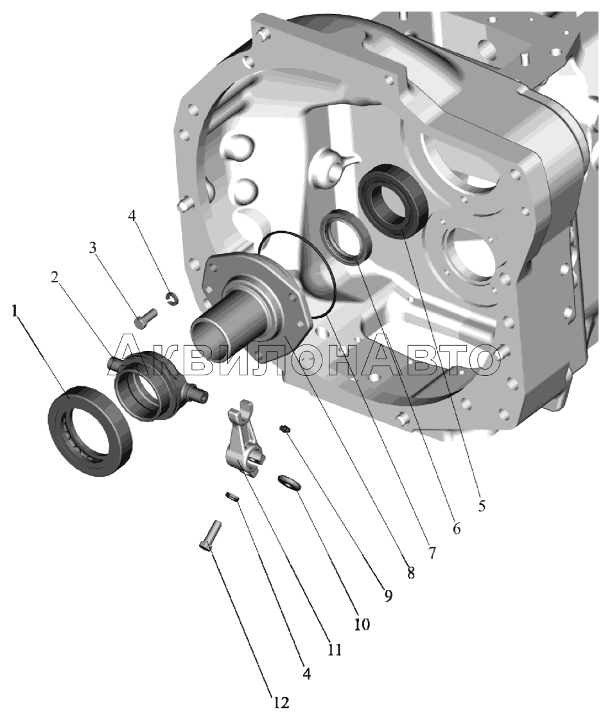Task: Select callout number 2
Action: tap(55, 277)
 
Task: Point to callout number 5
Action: tap(481, 506)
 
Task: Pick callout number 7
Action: tap(432, 552)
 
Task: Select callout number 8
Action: tap(410, 573)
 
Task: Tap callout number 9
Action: tap(388, 595)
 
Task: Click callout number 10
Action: tap(362, 624)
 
